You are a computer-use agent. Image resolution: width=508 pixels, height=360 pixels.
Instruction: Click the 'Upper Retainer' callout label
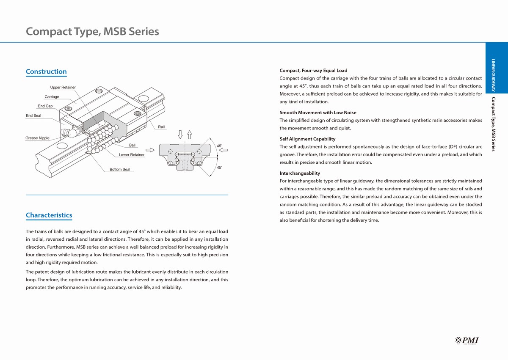(63, 88)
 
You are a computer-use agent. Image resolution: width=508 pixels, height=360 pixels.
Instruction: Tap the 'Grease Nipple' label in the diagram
(37, 138)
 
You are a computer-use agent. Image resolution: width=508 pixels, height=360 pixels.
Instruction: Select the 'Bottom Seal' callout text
(120, 170)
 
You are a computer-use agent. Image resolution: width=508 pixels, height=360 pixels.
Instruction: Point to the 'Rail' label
(161, 127)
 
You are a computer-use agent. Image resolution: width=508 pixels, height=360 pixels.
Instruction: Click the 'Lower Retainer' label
(132, 155)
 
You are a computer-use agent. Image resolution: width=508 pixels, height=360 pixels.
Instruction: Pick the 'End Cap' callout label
(45, 106)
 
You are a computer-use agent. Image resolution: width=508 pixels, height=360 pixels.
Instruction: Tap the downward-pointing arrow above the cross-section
(180, 135)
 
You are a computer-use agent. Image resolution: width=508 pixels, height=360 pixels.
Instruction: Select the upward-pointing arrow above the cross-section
(189, 135)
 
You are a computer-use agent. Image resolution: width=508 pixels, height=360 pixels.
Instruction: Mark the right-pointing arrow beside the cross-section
(150, 149)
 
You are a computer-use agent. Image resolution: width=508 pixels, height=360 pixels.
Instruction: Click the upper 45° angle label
(219, 146)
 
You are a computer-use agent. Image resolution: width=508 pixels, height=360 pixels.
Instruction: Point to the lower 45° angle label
(219, 168)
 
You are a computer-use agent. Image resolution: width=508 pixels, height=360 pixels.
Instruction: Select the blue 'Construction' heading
(46, 71)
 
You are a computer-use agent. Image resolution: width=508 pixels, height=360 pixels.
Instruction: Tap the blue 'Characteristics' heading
(49, 215)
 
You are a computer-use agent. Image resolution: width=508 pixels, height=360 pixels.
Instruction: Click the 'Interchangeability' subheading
(300, 173)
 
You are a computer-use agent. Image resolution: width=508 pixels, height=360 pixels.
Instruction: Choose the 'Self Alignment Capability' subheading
(307, 139)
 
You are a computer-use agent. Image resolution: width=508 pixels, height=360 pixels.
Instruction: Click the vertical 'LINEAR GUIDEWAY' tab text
(493, 75)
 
